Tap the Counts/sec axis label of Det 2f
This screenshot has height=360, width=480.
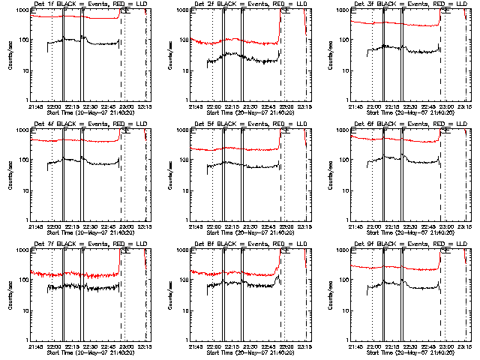[169, 55]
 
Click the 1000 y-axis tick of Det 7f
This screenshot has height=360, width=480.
[22, 250]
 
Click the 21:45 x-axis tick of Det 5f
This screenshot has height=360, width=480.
[195, 226]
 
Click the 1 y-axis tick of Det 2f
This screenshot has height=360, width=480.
[188, 100]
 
